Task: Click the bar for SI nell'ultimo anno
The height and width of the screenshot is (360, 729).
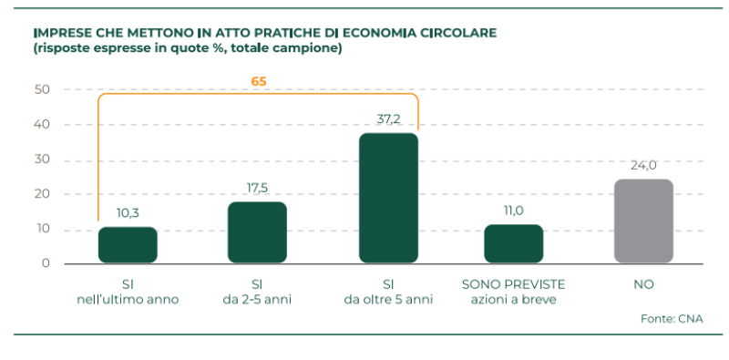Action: tap(128, 245)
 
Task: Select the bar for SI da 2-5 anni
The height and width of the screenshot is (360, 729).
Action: tap(257, 232)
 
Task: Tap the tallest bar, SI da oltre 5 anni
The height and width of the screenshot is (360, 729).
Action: tap(388, 198)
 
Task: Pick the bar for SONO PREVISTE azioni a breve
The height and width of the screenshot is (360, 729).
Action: tap(513, 243)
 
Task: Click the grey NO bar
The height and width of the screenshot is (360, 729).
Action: tap(643, 221)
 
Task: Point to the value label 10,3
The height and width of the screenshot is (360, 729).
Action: tap(128, 213)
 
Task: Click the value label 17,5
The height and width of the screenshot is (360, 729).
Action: tap(257, 189)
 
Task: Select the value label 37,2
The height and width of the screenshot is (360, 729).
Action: tap(388, 119)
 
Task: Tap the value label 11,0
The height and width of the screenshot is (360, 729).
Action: tap(513, 211)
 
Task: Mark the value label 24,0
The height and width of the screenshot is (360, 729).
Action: tap(643, 165)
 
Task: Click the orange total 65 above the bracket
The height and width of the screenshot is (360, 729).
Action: tap(259, 81)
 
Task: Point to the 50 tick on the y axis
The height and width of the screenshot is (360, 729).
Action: tap(42, 89)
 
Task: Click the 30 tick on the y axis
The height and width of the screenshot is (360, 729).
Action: tap(42, 159)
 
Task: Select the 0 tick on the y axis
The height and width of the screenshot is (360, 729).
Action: tap(46, 264)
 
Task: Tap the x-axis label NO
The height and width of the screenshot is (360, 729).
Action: tap(643, 285)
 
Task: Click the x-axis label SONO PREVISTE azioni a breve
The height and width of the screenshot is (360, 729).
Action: tap(513, 292)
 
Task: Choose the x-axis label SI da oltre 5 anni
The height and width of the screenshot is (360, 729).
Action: tap(388, 292)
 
